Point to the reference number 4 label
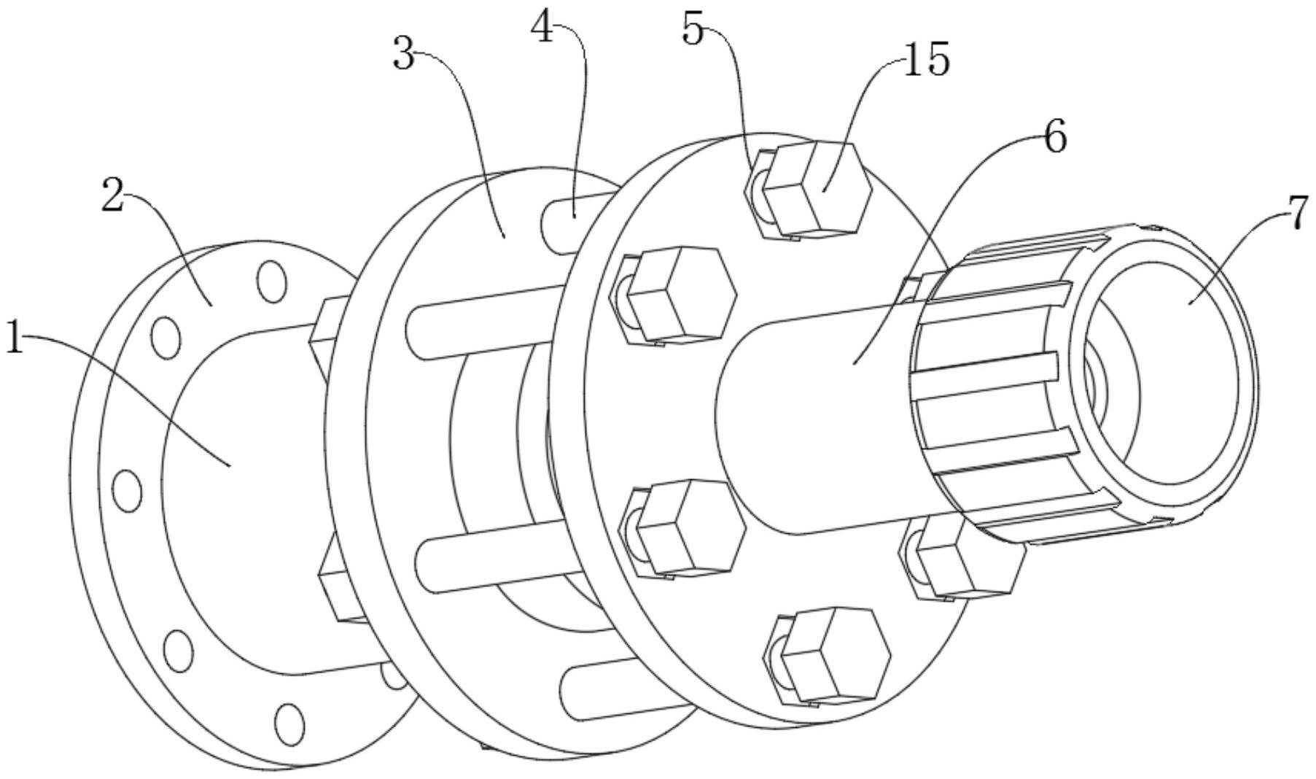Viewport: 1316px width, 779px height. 542,29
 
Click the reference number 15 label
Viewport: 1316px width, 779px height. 927,60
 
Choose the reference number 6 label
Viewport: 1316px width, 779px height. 1055,137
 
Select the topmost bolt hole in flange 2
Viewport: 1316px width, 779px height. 271,282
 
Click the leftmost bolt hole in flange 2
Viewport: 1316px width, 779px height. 127,490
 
